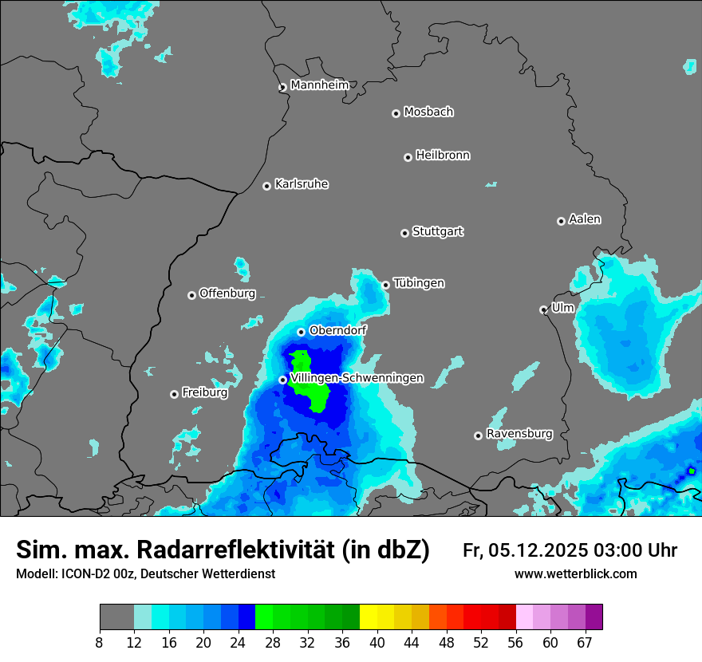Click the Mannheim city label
click(319, 85)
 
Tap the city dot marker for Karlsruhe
click(267, 186)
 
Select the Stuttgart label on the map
click(437, 231)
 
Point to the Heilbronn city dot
click(408, 157)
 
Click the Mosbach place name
click(428, 112)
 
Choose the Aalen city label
click(585, 219)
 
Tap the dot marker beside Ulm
click(543, 309)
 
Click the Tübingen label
click(419, 283)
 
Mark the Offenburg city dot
click(191, 295)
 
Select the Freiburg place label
click(204, 392)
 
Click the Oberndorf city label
click(337, 329)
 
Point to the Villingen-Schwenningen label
click(357, 377)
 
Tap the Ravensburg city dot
click(478, 435)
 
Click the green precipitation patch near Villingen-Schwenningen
click(310, 381)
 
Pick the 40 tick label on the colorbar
click(377, 642)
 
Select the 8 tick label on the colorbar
click(100, 642)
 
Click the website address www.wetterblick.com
click(576, 574)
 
